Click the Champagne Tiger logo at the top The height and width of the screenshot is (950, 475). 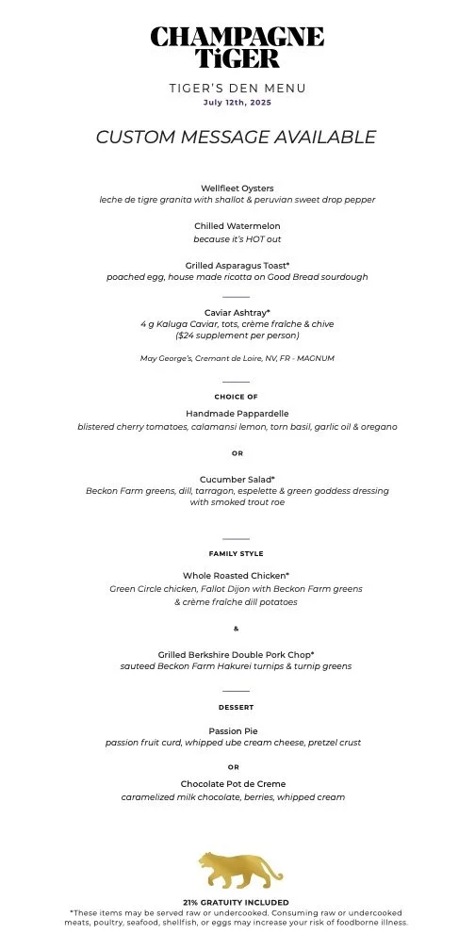click(237, 47)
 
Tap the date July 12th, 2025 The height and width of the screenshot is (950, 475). click(237, 103)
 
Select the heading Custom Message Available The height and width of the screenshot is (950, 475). click(237, 138)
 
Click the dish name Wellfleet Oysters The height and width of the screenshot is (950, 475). click(237, 188)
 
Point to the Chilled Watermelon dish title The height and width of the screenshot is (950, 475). click(237, 227)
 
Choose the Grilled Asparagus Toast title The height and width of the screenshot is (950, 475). click(237, 266)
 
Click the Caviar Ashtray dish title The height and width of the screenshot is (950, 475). click(237, 313)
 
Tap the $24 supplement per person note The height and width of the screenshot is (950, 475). click(237, 336)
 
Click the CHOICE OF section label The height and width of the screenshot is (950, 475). click(237, 397)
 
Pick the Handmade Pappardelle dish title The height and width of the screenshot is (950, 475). click(237, 414)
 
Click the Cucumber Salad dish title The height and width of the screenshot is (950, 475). click(237, 480)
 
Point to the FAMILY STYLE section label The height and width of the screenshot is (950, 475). click(237, 554)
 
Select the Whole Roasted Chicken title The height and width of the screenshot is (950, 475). click(237, 576)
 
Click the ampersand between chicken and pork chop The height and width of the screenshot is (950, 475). click(237, 629)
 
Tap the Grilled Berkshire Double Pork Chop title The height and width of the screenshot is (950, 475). click(237, 654)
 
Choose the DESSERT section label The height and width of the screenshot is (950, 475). click(237, 708)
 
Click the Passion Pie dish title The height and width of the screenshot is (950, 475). click(237, 730)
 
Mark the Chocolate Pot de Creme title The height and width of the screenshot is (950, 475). click(237, 784)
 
